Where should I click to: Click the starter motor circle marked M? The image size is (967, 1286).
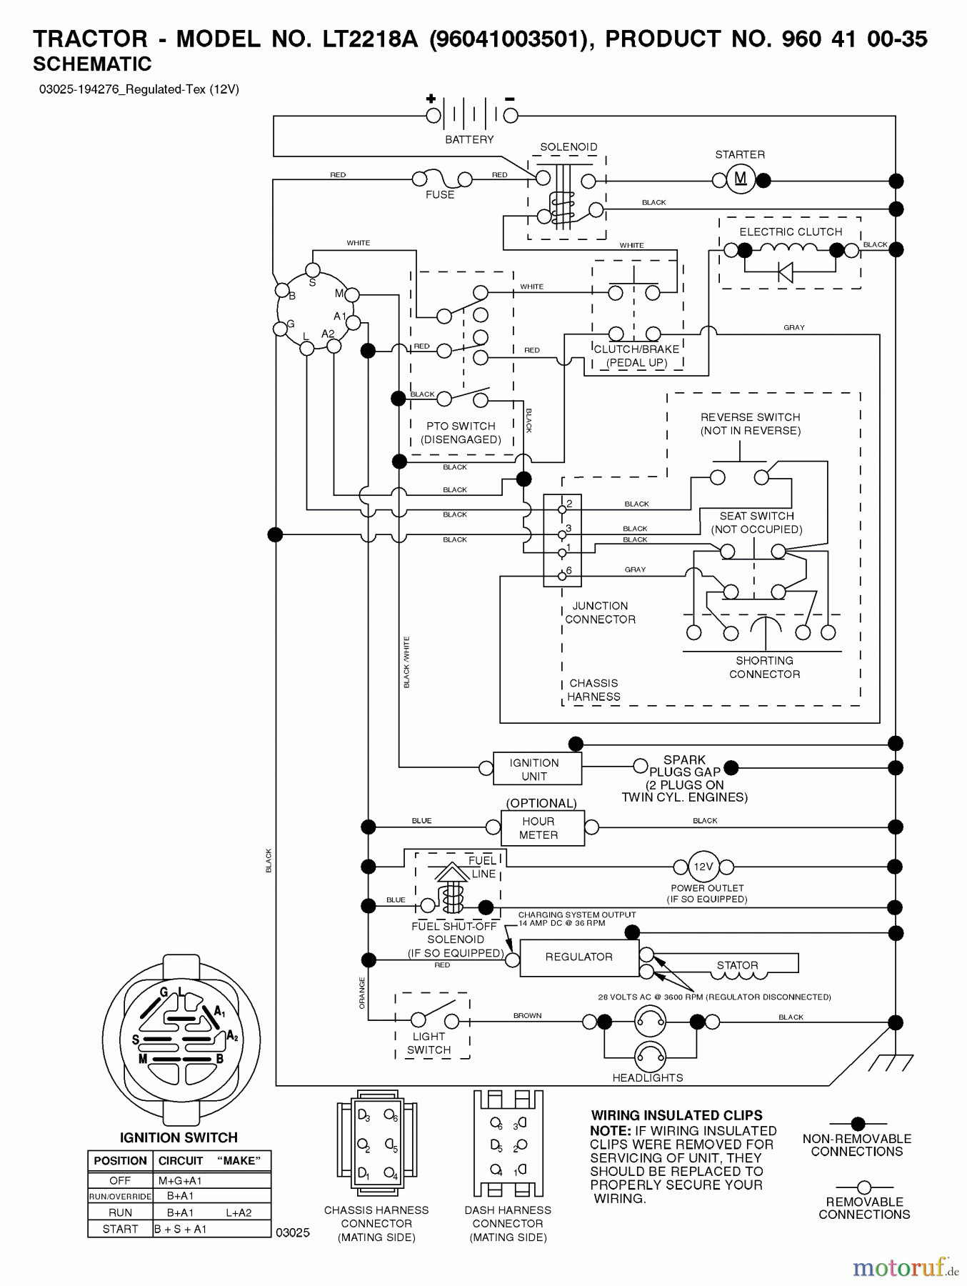point(741,179)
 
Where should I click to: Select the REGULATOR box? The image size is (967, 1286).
point(578,957)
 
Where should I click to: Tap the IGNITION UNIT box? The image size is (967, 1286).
point(533,769)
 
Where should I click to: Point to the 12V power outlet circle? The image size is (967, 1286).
point(703,867)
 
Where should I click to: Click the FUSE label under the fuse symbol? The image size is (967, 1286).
point(439,195)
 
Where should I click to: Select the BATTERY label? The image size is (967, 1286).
point(469,140)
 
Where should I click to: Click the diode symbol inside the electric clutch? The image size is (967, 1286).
point(785,271)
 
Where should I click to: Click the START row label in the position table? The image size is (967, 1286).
point(120,1229)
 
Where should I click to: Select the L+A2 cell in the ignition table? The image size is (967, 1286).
point(239,1212)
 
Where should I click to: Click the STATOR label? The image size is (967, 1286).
point(737,965)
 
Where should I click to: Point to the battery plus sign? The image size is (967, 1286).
point(431,99)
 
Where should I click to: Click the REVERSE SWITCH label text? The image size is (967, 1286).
point(750,417)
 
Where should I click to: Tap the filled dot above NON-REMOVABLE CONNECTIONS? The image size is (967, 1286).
point(858,1124)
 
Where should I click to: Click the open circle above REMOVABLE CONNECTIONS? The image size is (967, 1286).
point(863,1187)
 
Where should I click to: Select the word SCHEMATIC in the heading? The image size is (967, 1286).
point(92,64)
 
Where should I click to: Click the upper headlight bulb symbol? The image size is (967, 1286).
point(650,1022)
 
